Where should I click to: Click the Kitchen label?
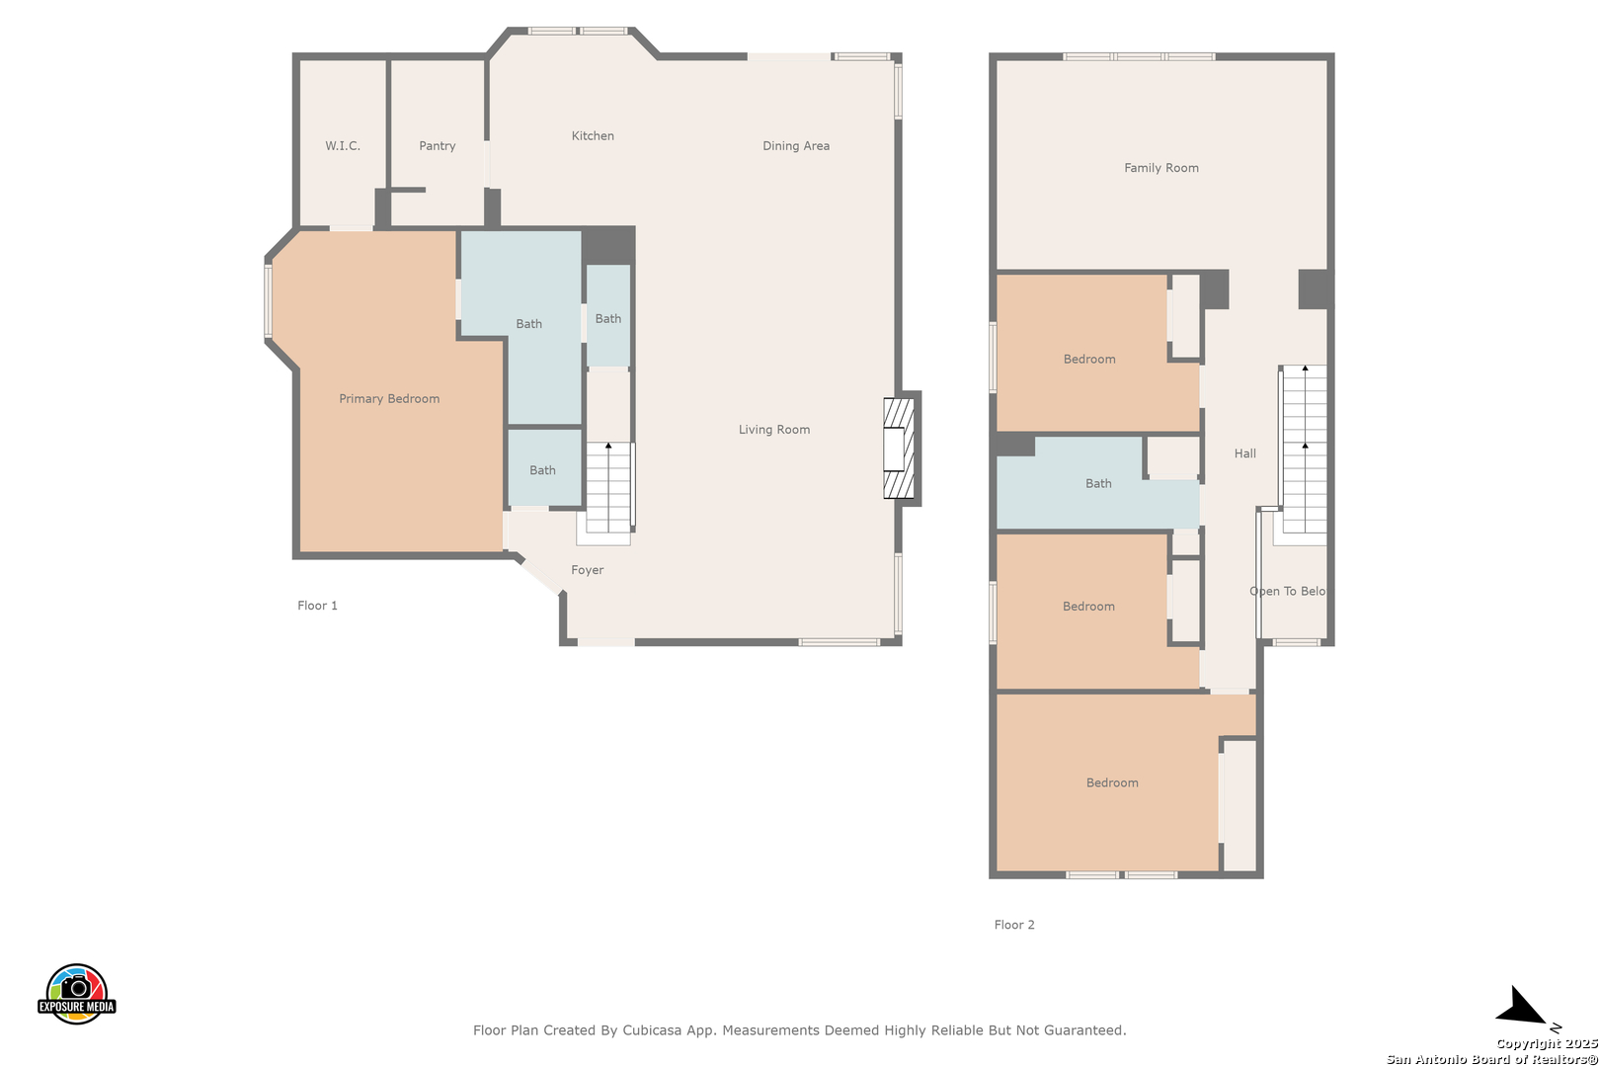coord(593,135)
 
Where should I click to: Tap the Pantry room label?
coord(438,146)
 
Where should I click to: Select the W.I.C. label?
coord(343,146)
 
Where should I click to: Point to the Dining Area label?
coord(796,146)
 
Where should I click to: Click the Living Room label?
coord(774,430)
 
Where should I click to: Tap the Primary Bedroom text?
coord(389,399)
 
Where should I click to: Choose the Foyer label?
coord(587,570)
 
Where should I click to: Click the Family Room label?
coord(1161,168)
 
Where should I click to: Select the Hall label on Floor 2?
coord(1245,453)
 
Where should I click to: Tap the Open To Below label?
coord(1288,591)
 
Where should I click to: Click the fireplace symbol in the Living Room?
coord(899,449)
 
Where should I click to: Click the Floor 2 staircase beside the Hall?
coord(1305,450)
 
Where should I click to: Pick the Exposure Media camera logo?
coord(76,993)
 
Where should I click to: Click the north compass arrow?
coord(1525,1008)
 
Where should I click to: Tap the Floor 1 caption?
coord(317,606)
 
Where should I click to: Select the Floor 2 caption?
coord(1014,925)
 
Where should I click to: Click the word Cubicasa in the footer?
coord(652,1029)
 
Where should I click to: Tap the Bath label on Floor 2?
coord(1098,484)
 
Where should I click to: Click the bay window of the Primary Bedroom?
coord(269,301)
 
